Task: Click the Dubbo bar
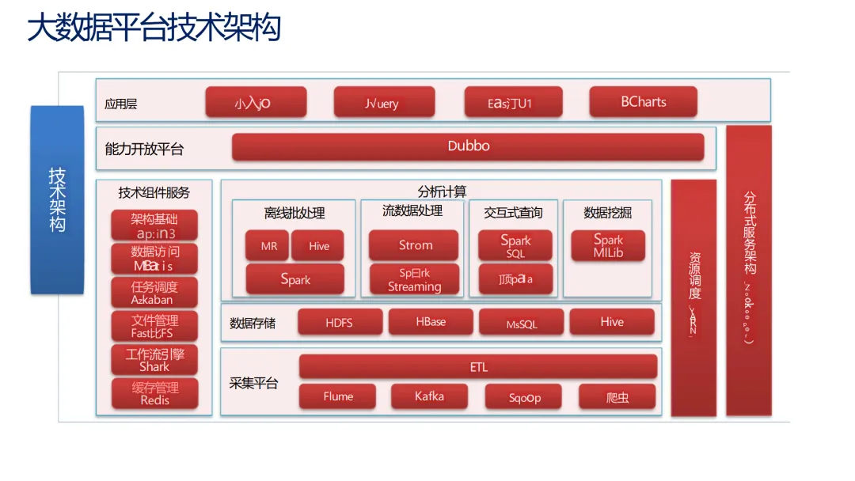[x=468, y=146]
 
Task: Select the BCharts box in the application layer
[x=643, y=102]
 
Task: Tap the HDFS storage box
[x=339, y=323]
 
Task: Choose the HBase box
[x=431, y=322]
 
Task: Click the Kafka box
[x=429, y=396]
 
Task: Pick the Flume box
[x=338, y=396]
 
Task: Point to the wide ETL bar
[x=478, y=367]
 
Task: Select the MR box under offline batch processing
[x=269, y=246]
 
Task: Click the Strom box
[x=414, y=245]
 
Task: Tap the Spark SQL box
[x=515, y=246]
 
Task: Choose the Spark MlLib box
[x=608, y=245]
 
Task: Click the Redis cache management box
[x=154, y=394]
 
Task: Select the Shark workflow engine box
[x=154, y=361]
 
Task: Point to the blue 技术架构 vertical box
[x=57, y=199]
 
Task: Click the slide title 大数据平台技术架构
[x=154, y=29]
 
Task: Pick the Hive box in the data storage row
[x=611, y=322]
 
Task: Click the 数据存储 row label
[x=253, y=323]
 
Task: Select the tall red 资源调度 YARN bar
[x=693, y=297]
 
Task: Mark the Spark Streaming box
[x=414, y=280]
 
